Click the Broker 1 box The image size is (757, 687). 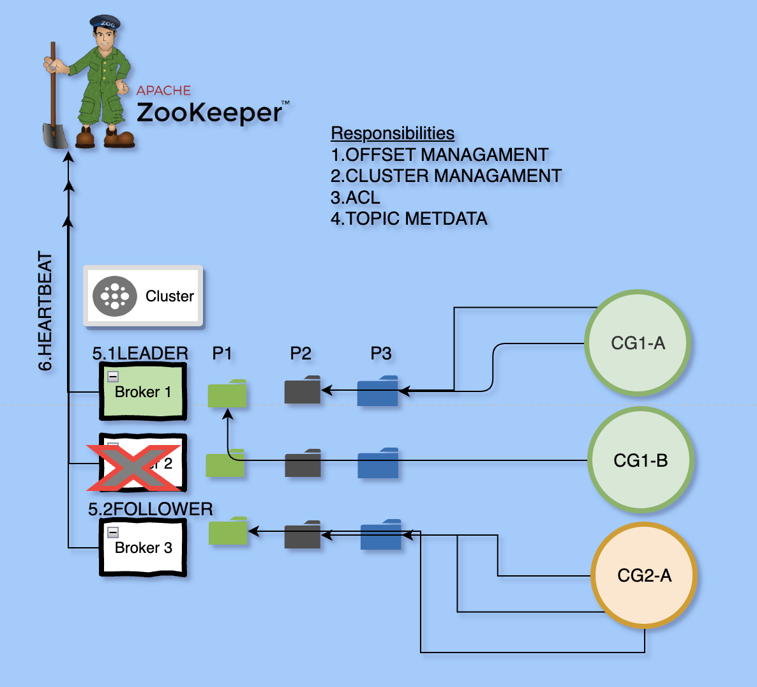(x=143, y=391)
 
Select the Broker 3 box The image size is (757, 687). (x=143, y=547)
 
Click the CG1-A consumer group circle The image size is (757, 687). (x=638, y=343)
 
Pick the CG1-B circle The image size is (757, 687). (x=640, y=460)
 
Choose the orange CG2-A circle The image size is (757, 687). (x=644, y=576)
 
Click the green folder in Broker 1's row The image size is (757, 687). (x=227, y=393)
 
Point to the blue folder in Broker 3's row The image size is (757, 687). (x=380, y=535)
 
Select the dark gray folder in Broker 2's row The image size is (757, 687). (x=303, y=464)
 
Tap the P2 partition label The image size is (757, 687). (x=301, y=353)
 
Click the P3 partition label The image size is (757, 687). (x=381, y=353)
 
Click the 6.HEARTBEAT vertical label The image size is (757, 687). (x=45, y=311)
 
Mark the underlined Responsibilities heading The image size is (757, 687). (x=393, y=133)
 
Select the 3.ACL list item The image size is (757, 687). (x=356, y=197)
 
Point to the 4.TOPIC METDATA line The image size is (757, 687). (x=408, y=218)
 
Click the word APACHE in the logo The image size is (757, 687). (x=163, y=91)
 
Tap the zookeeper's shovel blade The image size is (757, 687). (x=55, y=135)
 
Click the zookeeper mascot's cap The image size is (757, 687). (x=105, y=24)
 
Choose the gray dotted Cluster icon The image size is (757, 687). (x=115, y=296)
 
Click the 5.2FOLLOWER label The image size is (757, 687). (x=151, y=509)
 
